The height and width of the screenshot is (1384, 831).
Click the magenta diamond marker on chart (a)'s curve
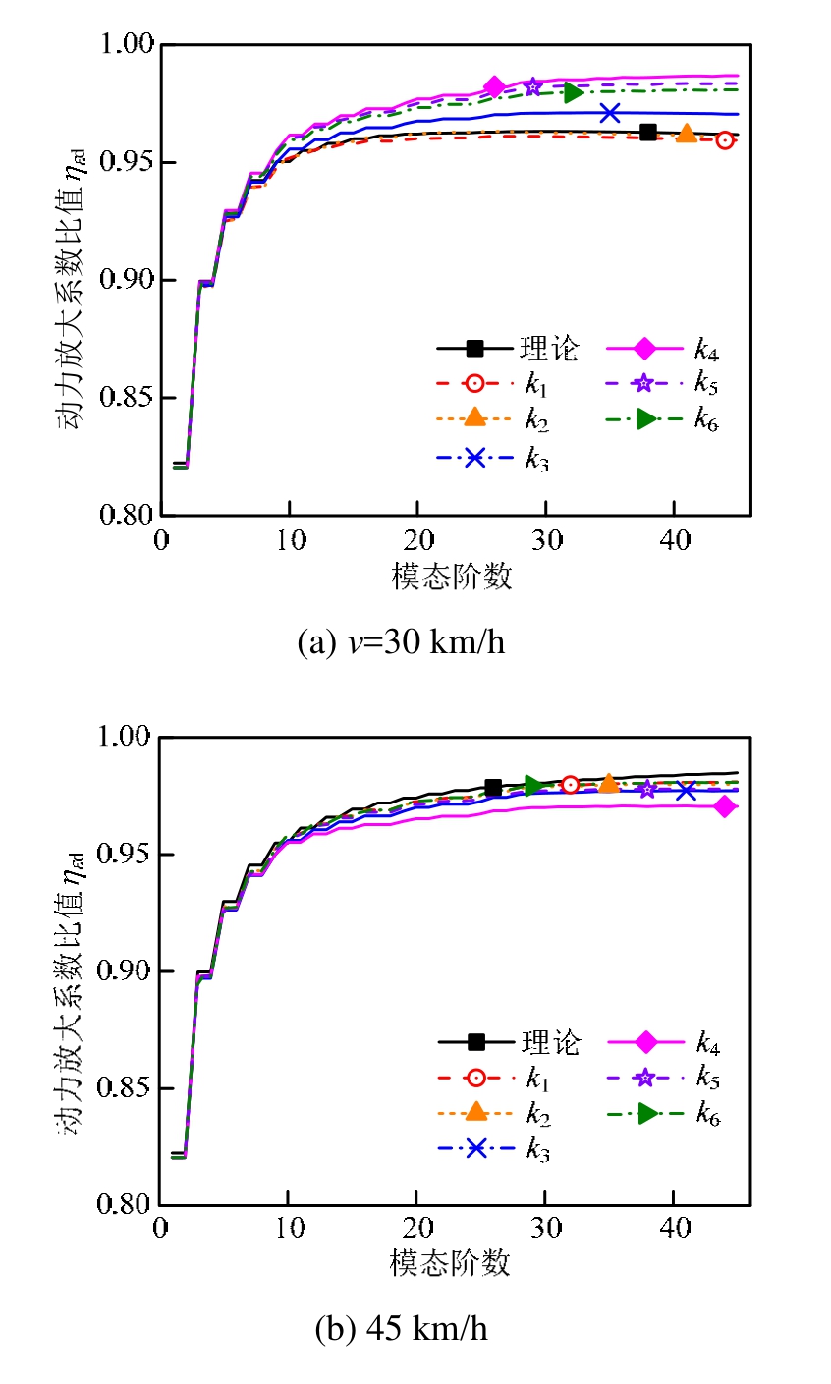(494, 86)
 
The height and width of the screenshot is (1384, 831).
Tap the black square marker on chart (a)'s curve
(648, 133)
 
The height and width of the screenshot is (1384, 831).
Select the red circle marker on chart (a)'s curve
(725, 140)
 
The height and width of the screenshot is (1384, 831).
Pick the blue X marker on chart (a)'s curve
(610, 113)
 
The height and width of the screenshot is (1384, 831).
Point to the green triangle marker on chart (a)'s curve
(573, 92)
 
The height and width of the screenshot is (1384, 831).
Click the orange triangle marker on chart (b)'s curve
(609, 783)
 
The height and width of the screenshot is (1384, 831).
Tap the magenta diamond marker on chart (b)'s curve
(725, 806)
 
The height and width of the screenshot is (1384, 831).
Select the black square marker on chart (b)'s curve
(493, 788)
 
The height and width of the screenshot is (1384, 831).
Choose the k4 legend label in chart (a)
(706, 348)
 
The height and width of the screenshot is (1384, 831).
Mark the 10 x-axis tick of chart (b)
(289, 1229)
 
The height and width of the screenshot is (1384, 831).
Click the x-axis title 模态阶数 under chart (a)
(452, 577)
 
